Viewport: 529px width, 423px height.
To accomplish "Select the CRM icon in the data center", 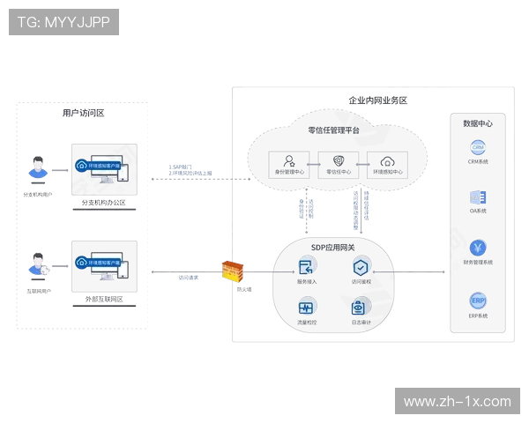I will pyautogui.click(x=479, y=147).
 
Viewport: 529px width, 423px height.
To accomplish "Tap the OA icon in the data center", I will pyautogui.click(x=479, y=198).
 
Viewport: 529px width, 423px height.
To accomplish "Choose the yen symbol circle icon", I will pyautogui.click(x=479, y=249).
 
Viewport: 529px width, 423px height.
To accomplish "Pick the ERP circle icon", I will pyautogui.click(x=479, y=301).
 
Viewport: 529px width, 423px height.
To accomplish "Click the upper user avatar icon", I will pyautogui.click(x=37, y=167).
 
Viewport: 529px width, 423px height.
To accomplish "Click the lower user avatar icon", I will pyautogui.click(x=37, y=263).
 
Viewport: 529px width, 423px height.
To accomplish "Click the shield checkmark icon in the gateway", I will pyautogui.click(x=361, y=265).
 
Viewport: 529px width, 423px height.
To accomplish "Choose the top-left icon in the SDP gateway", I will pyautogui.click(x=306, y=265).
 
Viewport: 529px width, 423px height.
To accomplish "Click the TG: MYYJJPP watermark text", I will pyautogui.click(x=63, y=22).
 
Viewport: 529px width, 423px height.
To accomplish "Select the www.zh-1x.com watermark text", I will pyautogui.click(x=457, y=401).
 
